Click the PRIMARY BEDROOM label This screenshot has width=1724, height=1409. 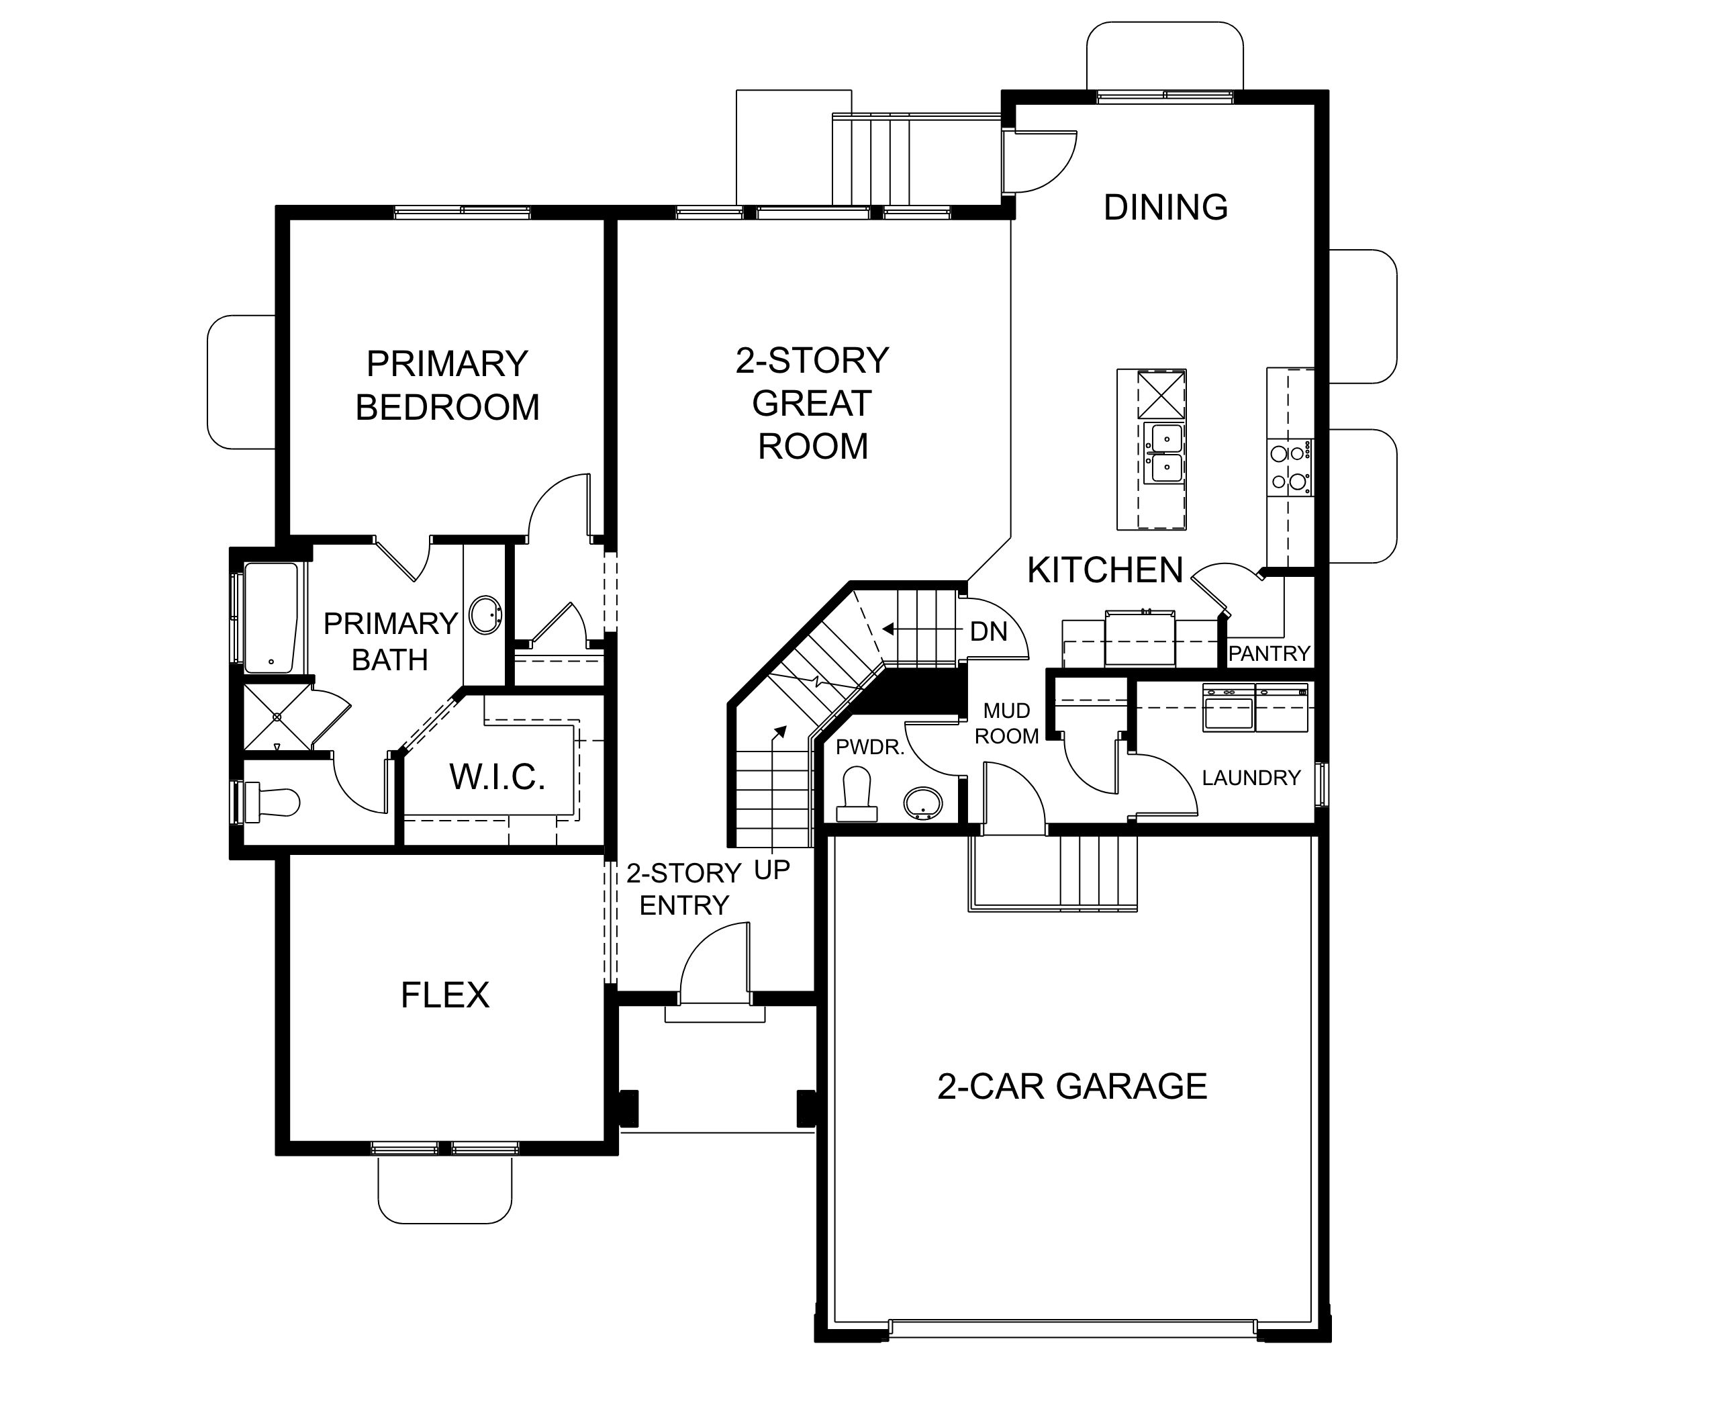pyautogui.click(x=447, y=385)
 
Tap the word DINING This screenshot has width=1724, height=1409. pyautogui.click(x=1166, y=207)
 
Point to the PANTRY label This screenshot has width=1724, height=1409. pyautogui.click(x=1269, y=653)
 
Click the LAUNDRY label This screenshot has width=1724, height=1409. pyautogui.click(x=1251, y=778)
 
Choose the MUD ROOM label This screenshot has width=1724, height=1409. pyautogui.click(x=1007, y=723)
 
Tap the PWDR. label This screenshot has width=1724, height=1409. pyautogui.click(x=869, y=747)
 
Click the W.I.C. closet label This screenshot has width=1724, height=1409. pyautogui.click(x=497, y=777)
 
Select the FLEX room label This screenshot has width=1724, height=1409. pyautogui.click(x=445, y=995)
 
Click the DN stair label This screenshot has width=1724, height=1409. pyautogui.click(x=988, y=631)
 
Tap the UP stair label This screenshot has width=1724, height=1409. pyautogui.click(x=771, y=870)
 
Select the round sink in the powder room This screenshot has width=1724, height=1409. pyautogui.click(x=923, y=803)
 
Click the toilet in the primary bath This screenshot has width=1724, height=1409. pyautogui.click(x=268, y=803)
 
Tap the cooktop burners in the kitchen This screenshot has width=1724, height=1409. pyautogui.click(x=1290, y=468)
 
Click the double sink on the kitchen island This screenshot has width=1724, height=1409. pyautogui.click(x=1163, y=452)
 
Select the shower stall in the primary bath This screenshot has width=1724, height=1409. pyautogui.click(x=277, y=717)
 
